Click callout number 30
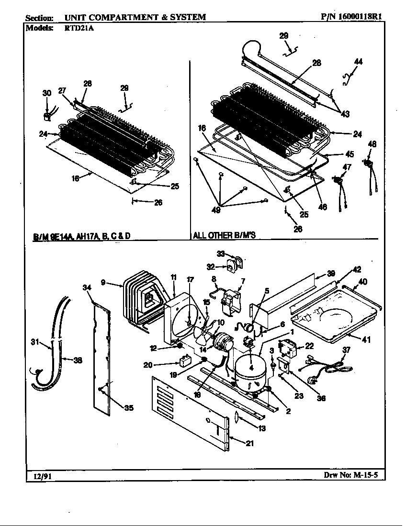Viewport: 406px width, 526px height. (46, 93)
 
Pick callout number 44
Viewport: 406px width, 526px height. (358, 62)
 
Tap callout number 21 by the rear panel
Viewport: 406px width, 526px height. (249, 443)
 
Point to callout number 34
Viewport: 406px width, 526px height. (87, 287)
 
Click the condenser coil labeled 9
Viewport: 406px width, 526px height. (141, 299)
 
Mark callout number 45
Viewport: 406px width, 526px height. (350, 154)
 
